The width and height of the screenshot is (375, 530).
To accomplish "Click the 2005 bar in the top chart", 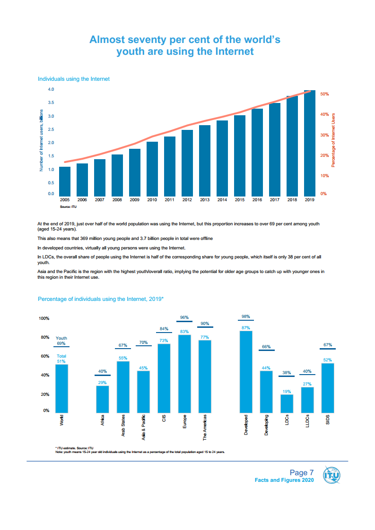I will pos(65,181).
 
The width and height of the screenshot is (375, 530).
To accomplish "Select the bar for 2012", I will pos(187,162).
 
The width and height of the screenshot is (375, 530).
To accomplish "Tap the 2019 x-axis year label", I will pos(309,200).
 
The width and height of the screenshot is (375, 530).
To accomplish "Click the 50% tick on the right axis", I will pos(324,94).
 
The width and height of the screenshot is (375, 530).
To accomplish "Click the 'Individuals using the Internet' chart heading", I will pos(74,79).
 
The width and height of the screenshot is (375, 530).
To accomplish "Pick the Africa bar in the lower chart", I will pos(103,399).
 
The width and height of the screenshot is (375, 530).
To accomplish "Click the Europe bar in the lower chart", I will pos(184,373).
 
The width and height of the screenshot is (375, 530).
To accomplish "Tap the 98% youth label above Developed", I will pos(245,316).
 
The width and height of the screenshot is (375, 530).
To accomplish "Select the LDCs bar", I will pos(287,403).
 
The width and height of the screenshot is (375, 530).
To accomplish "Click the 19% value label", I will pos(287,391).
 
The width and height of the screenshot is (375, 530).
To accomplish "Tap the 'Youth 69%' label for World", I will pos(61,341).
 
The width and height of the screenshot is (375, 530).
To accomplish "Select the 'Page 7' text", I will pos(302,473).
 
